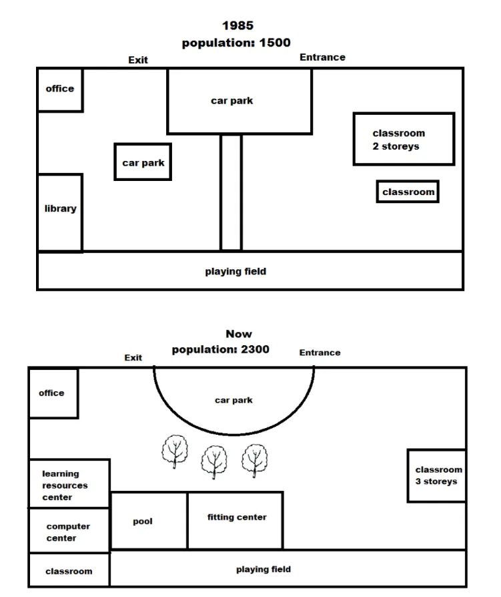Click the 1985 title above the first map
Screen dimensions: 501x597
click(237, 25)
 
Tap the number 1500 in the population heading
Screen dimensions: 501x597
click(275, 43)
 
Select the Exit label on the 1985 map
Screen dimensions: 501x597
click(137, 60)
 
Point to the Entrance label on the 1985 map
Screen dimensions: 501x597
click(322, 57)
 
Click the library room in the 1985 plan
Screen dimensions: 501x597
click(60, 212)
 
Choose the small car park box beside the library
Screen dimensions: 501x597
click(143, 162)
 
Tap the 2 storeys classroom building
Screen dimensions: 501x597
click(404, 139)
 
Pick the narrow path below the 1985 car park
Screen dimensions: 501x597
click(231, 192)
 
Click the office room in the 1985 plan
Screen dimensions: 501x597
click(60, 90)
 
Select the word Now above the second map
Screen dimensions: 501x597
click(239, 334)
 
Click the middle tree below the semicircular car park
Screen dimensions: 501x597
click(214, 462)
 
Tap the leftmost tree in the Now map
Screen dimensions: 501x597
click(175, 451)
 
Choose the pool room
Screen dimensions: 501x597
click(149, 520)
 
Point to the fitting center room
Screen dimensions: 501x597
click(235, 520)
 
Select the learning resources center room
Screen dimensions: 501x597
click(69, 483)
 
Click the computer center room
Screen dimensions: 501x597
click(69, 530)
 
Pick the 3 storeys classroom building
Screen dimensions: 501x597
click(437, 475)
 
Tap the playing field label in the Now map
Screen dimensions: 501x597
click(264, 569)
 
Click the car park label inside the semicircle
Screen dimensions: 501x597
click(233, 400)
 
